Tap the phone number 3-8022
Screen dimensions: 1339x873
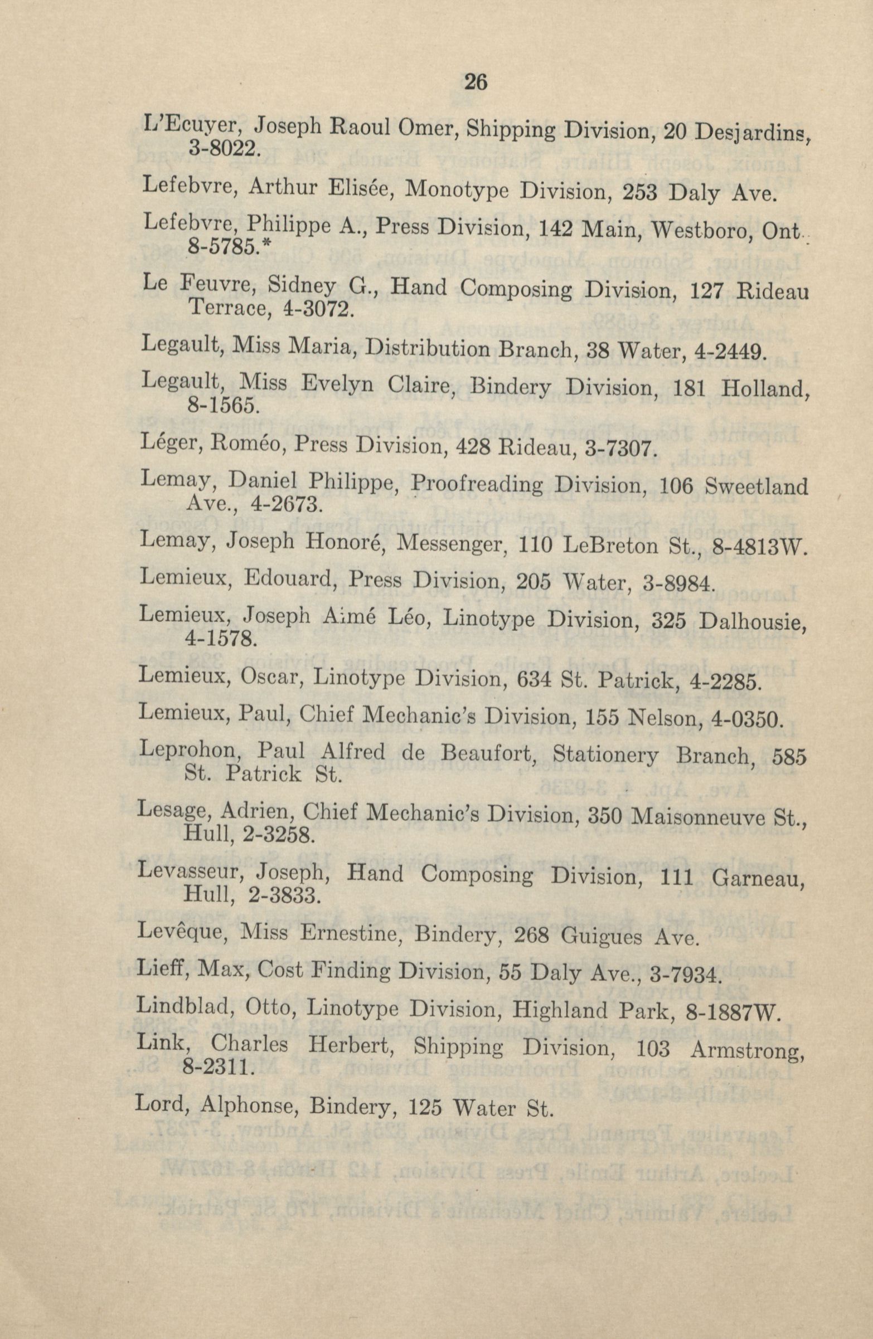point(222,149)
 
